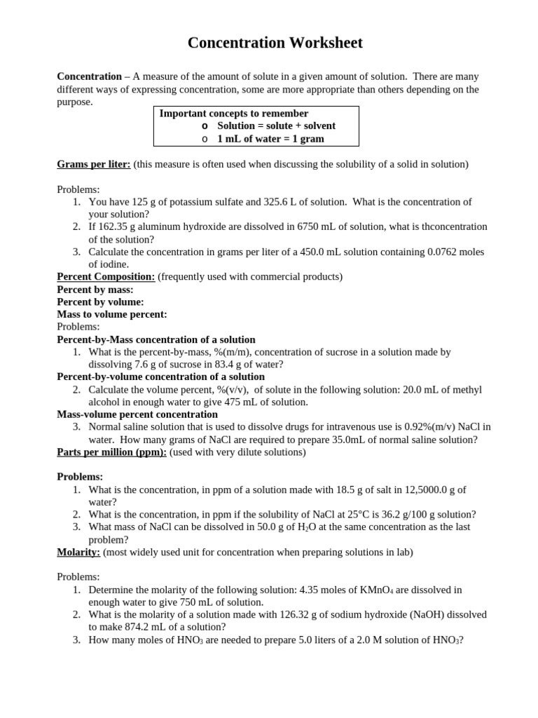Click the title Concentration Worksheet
point(275,43)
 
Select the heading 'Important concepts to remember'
point(234,114)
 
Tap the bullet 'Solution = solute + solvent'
point(276,126)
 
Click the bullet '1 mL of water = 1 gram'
point(270,139)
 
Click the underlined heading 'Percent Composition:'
point(105,277)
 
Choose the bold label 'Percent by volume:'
point(100,302)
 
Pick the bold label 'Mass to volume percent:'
point(112,315)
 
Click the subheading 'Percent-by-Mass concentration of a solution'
point(156,339)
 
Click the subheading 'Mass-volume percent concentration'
point(137,414)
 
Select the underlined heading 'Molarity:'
point(78,553)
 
